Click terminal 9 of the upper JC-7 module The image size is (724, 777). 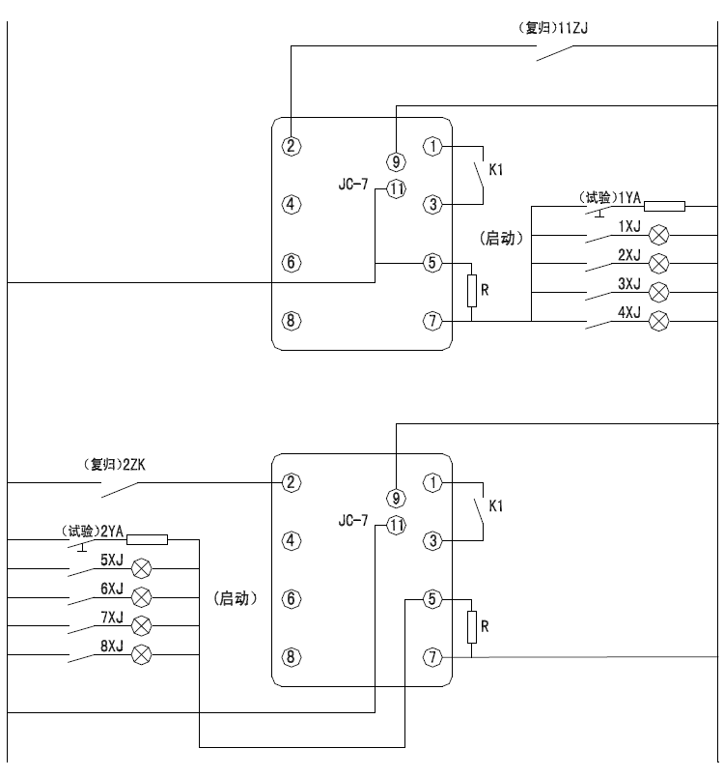396,161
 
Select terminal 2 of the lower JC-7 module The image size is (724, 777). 292,481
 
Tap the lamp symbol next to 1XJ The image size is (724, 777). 660,234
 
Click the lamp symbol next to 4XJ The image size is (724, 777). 660,320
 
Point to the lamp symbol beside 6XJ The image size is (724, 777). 141,595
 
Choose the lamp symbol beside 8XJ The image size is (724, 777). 141,654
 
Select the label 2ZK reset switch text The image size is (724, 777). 135,463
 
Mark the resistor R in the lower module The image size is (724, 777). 472,626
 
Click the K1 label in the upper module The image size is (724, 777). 497,169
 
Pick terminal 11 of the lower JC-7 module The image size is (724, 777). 396,525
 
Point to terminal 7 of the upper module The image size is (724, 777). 433,320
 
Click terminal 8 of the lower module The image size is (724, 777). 292,656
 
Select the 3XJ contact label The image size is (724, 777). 629,283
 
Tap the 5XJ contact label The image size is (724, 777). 111,559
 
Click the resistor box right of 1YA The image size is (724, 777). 664,205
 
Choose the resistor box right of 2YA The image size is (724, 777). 147,539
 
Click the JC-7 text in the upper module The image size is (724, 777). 353,182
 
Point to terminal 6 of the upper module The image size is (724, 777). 292,262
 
